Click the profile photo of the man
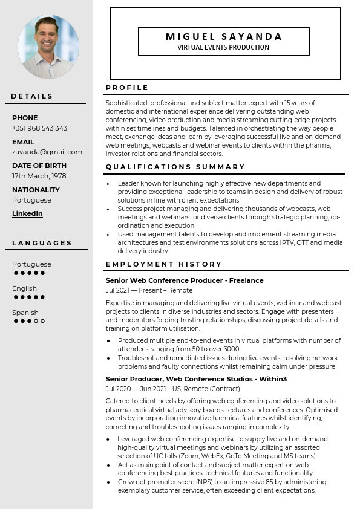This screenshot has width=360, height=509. (48, 47)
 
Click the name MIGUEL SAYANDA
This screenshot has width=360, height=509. (224, 37)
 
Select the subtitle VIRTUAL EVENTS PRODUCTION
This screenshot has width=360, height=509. (223, 48)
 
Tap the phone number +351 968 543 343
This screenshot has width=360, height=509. (39, 128)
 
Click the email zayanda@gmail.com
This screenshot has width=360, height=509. (47, 152)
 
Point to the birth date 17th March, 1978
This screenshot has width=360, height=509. (39, 176)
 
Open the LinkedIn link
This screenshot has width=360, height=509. (27, 213)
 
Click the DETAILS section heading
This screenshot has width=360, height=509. (32, 96)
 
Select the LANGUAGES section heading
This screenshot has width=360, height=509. (42, 243)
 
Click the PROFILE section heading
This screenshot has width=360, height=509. (127, 88)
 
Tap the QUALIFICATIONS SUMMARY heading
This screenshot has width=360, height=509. (175, 167)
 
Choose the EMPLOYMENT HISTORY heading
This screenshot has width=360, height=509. (164, 264)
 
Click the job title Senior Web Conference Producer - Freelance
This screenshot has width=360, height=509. (185, 280)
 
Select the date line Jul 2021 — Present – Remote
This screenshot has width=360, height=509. (149, 290)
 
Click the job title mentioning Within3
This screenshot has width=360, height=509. (196, 379)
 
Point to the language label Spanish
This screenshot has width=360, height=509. (25, 313)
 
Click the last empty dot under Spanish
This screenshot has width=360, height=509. (42, 321)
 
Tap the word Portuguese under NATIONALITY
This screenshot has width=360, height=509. (31, 200)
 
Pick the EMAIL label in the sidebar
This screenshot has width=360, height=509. (23, 142)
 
